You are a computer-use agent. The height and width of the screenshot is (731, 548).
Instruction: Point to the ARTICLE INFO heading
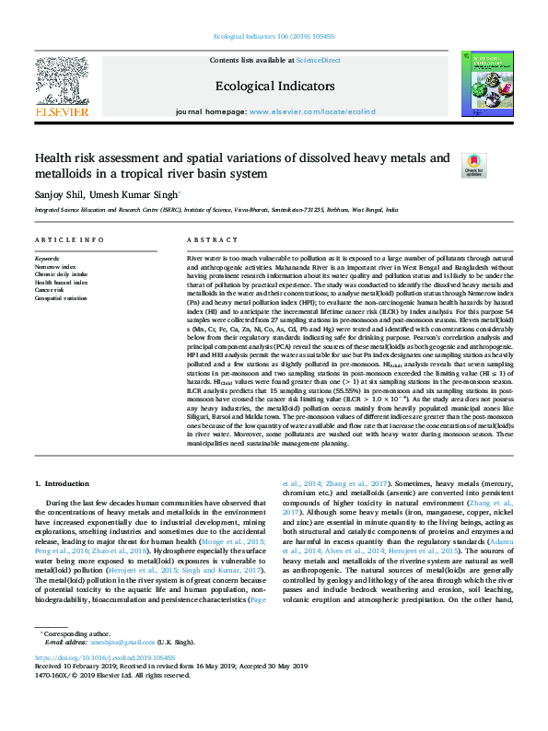69,238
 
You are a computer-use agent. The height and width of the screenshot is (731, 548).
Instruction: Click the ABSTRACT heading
207,238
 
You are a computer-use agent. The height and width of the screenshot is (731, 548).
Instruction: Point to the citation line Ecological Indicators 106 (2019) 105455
273,37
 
